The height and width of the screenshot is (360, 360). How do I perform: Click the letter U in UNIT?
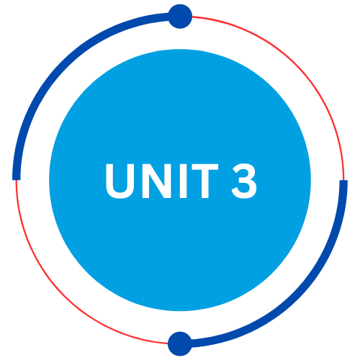point(120,181)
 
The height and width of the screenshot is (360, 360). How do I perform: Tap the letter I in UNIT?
point(183,181)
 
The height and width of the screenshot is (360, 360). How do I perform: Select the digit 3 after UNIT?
point(244,181)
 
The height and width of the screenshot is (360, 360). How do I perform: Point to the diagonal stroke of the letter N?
point(156,181)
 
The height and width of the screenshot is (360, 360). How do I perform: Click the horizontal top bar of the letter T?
point(205,167)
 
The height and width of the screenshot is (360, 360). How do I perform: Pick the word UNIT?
point(162,181)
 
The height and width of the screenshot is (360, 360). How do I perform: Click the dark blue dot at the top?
point(180,17)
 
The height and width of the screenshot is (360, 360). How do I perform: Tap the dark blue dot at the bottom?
point(180,343)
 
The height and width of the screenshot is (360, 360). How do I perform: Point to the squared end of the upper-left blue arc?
point(17,179)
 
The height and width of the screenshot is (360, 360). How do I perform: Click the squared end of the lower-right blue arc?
point(343,181)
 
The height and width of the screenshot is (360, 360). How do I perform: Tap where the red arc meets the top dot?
point(192,17)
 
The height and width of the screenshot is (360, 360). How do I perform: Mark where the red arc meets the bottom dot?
point(168,343)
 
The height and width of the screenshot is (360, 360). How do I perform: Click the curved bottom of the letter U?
point(120,195)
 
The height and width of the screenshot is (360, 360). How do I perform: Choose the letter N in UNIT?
point(156,181)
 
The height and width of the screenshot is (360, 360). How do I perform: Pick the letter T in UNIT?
point(205,181)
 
